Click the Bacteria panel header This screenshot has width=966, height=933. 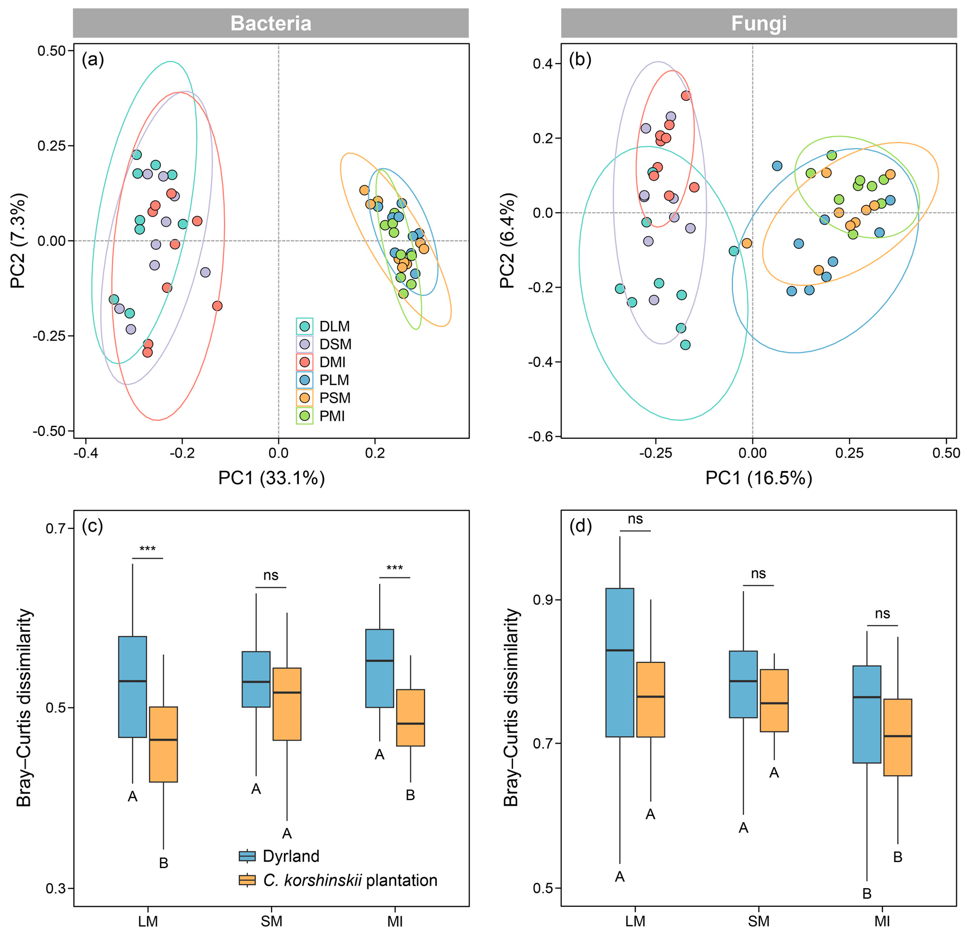(271, 23)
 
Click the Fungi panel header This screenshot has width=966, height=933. (758, 23)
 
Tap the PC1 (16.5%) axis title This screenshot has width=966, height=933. (758, 478)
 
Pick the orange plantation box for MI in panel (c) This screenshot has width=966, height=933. (410, 718)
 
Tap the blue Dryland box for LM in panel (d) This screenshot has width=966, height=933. (620, 663)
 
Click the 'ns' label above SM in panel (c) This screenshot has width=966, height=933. (271, 575)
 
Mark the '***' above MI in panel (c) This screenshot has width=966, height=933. (394, 568)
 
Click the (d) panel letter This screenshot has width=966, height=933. (580, 527)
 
